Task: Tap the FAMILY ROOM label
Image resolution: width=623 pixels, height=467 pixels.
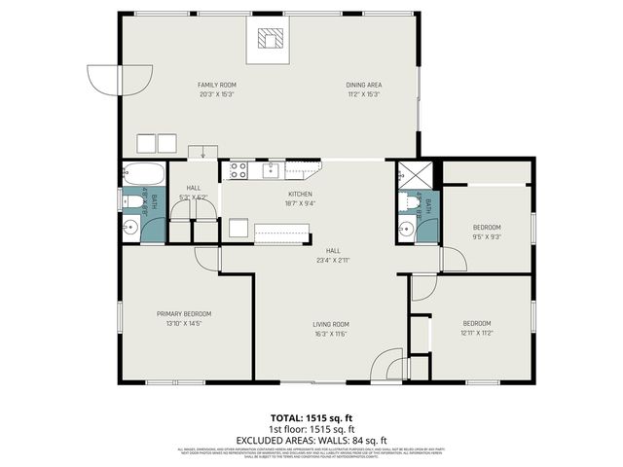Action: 217,86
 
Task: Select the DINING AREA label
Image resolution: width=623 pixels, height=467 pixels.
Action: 363,86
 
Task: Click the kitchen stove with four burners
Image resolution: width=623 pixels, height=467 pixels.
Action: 237,171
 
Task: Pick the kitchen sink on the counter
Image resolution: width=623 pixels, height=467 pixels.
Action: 271,171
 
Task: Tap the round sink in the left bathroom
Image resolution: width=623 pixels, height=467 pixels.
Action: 129,228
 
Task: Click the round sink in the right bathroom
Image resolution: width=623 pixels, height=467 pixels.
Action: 407,231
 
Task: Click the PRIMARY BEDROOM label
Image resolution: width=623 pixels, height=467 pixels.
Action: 185,313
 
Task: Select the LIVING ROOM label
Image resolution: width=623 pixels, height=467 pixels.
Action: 330,324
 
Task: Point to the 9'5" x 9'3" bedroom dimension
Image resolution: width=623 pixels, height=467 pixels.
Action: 487,236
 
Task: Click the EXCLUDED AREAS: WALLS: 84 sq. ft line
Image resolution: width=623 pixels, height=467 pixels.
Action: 311,439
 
